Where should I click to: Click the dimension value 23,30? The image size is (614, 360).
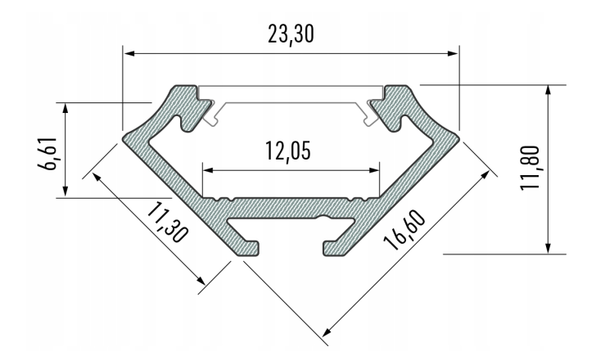pyautogui.click(x=291, y=34)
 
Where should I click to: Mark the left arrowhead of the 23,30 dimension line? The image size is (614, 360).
pyautogui.click(x=129, y=55)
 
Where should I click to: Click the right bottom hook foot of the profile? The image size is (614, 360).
pyautogui.click(x=333, y=246)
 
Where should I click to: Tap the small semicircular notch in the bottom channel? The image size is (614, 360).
pyautogui.click(x=324, y=218)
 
